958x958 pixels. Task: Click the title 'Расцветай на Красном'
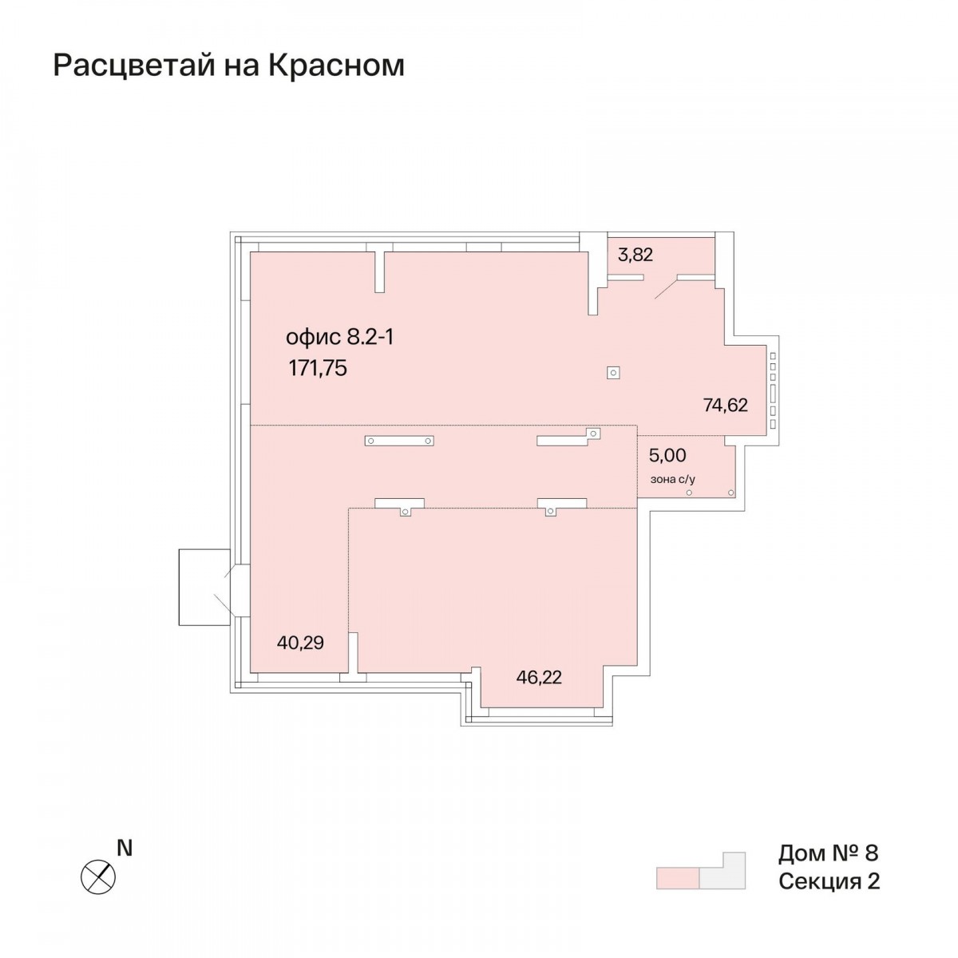pos(228,66)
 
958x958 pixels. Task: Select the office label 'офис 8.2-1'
pos(339,338)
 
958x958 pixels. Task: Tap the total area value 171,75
pos(318,368)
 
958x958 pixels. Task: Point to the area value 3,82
pos(635,255)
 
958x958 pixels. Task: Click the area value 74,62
pos(726,406)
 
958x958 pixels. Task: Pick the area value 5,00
pos(667,455)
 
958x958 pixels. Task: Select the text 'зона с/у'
pos(673,480)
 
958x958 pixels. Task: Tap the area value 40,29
pos(300,643)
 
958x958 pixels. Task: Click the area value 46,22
pos(539,677)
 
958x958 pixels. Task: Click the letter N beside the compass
pos(125,848)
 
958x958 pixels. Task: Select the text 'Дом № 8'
pos(828,853)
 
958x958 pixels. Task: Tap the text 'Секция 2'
pos(829,881)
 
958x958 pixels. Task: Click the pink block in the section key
pos(678,878)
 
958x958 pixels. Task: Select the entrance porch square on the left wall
pos(204,587)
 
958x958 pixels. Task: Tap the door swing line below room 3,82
pos(666,289)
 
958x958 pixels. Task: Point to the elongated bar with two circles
pos(399,441)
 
